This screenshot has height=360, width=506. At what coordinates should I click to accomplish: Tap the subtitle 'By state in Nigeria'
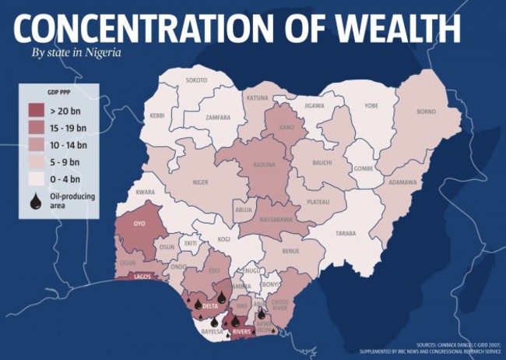(x=76, y=53)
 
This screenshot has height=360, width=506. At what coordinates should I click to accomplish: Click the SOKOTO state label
(x=196, y=80)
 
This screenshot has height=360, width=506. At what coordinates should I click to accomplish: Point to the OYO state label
(x=140, y=224)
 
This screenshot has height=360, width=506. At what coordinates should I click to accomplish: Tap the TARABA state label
(x=345, y=233)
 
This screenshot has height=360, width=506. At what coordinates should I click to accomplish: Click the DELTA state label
(x=209, y=306)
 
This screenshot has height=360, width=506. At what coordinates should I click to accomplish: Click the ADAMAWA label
(x=402, y=182)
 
